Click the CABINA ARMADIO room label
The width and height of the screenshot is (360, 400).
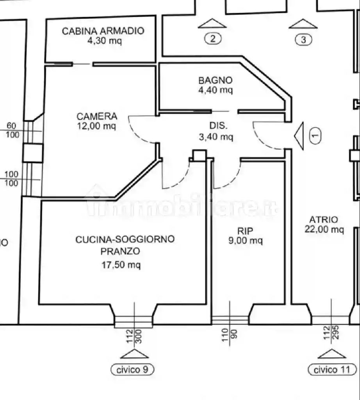click(x=103, y=31)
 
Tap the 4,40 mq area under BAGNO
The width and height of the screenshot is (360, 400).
click(x=216, y=90)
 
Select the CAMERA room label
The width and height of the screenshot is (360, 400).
click(x=96, y=116)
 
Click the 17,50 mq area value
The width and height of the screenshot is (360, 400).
click(x=121, y=265)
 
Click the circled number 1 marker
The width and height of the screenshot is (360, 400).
click(x=315, y=135)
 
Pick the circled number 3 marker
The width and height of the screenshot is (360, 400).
click(x=303, y=39)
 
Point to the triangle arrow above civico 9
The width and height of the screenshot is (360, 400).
click(x=134, y=354)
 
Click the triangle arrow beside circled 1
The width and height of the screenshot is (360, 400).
click(x=299, y=136)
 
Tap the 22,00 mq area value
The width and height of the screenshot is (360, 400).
click(x=324, y=229)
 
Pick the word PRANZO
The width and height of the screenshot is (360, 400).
click(x=119, y=251)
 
